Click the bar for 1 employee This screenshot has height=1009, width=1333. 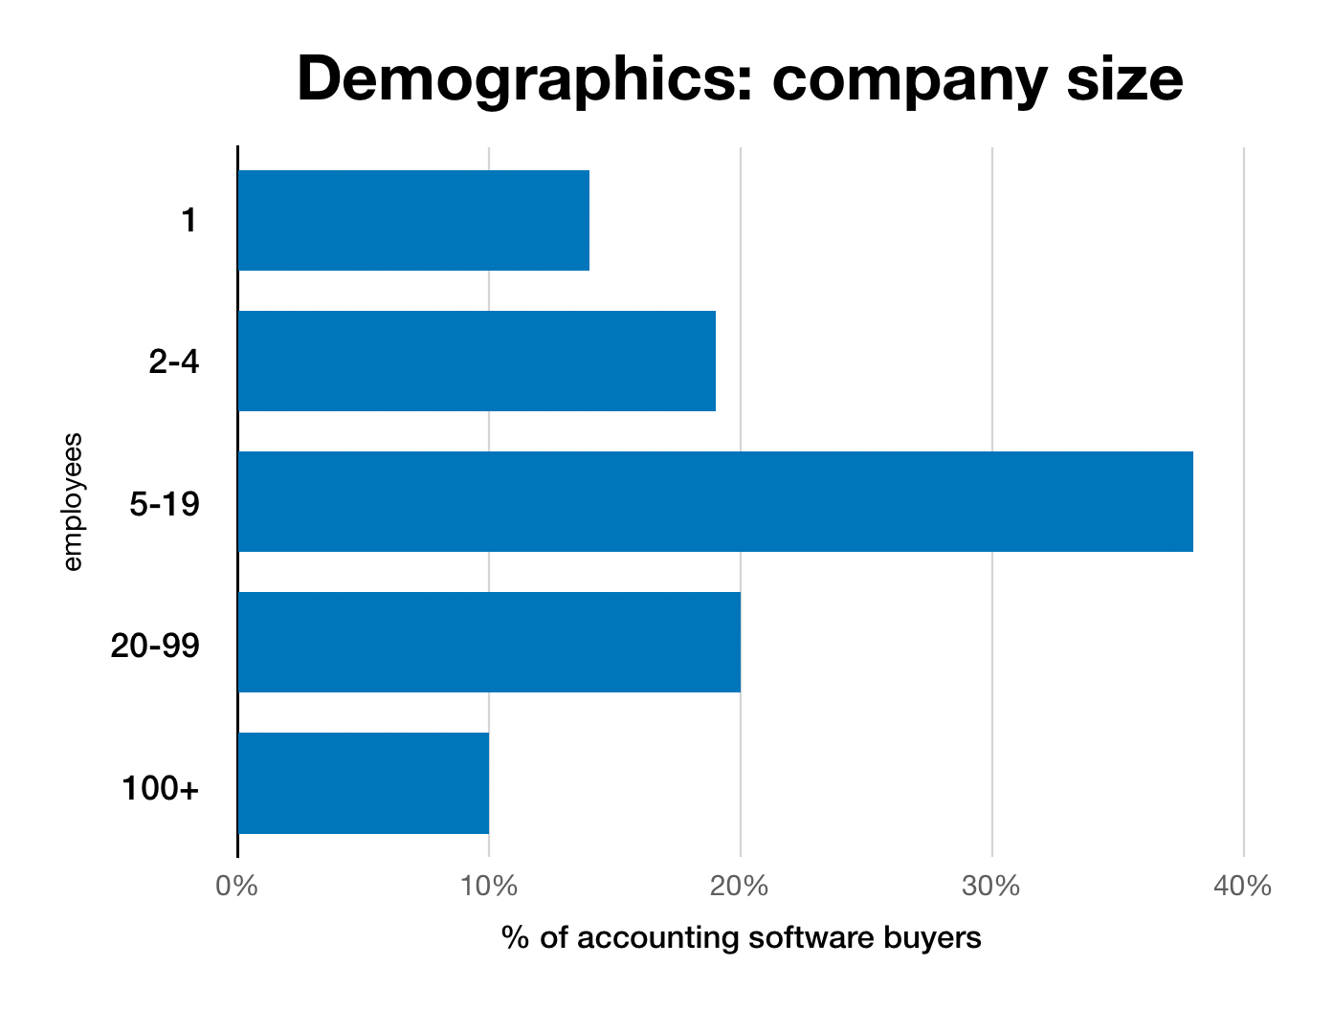coord(413,220)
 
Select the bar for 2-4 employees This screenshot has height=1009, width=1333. coord(477,361)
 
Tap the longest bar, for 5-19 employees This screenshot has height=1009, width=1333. coord(715,501)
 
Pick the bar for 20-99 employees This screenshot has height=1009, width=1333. coord(489,642)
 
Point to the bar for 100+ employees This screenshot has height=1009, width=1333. coord(364,782)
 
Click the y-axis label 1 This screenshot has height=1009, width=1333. coord(189,221)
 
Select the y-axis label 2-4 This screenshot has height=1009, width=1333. coord(174,362)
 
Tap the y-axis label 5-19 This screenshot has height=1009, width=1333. coord(165,502)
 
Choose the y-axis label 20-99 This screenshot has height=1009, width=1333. coord(155,644)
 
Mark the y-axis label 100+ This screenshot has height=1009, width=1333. coord(160,789)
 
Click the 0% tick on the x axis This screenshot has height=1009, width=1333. coord(237,887)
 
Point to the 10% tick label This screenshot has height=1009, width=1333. coord(489,887)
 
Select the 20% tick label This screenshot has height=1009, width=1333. coord(741,887)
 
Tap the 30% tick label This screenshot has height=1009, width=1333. coord(991,887)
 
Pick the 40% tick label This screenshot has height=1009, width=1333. coord(1242,887)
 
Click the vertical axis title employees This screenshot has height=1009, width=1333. coord(73,502)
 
